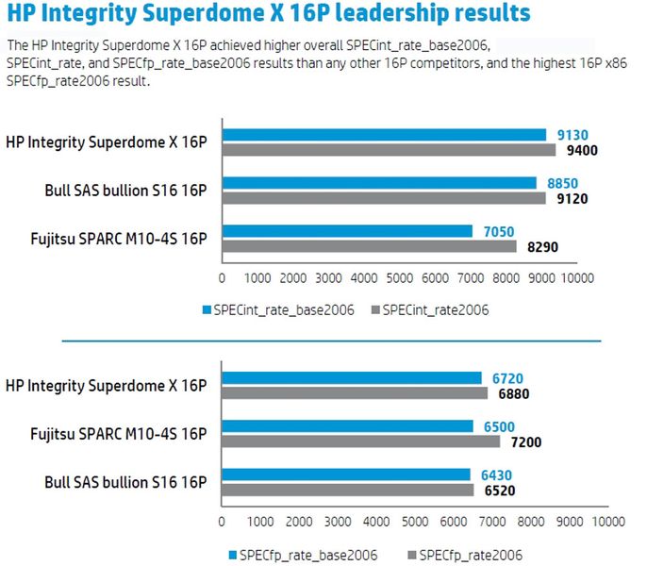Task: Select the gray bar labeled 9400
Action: pos(389,149)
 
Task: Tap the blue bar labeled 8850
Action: pos(379,183)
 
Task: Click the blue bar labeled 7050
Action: pos(347,231)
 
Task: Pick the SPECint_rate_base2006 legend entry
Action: pos(278,308)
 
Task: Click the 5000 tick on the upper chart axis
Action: pos(399,278)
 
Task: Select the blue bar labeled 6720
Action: pos(351,377)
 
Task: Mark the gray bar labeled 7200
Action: pos(360,441)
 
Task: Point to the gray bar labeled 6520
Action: pos(347,490)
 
